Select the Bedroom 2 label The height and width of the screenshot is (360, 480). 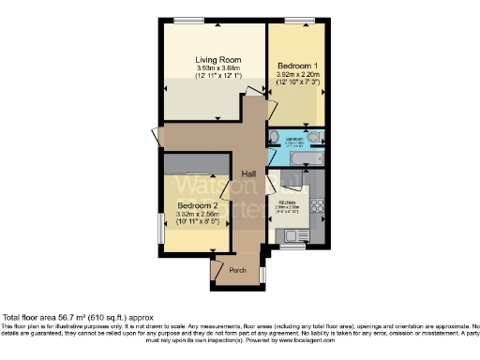198,205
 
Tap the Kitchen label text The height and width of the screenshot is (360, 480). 287,202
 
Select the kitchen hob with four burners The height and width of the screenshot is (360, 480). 317,203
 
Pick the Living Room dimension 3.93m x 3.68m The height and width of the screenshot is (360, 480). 212,67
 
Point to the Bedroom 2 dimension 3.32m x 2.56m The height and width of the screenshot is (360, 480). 198,216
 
